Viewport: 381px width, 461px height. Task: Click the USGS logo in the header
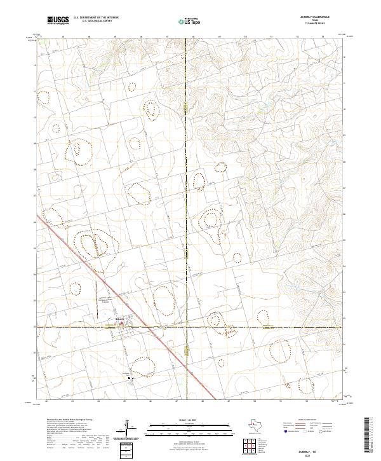[58, 21]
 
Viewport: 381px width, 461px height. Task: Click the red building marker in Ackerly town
[121, 323]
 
